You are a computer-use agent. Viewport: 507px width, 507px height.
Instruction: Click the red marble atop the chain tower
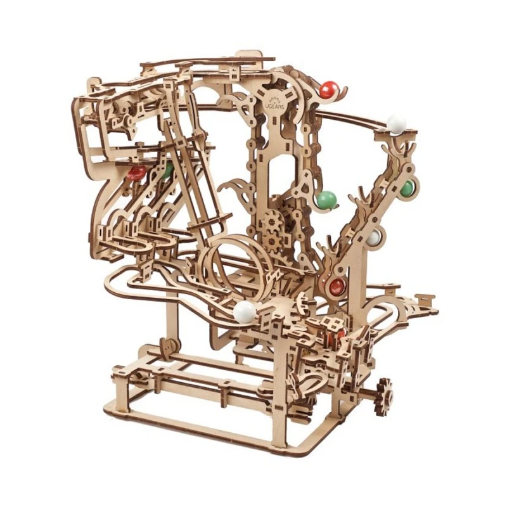point(328,90)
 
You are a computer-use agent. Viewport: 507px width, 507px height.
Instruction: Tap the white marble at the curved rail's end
point(396,124)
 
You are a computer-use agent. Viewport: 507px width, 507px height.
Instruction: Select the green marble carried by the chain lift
point(326,200)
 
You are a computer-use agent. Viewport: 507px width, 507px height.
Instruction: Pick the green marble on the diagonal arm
point(406,188)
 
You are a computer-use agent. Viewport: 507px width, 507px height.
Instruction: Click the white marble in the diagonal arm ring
point(375,238)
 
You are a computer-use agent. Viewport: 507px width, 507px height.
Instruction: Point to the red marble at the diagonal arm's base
point(336,285)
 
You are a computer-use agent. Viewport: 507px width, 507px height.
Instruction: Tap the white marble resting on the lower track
point(244,311)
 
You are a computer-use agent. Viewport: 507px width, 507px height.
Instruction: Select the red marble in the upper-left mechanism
point(136,172)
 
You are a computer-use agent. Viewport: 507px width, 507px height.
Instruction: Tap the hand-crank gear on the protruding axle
point(383,388)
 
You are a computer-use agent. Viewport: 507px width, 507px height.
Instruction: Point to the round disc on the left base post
point(167,349)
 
